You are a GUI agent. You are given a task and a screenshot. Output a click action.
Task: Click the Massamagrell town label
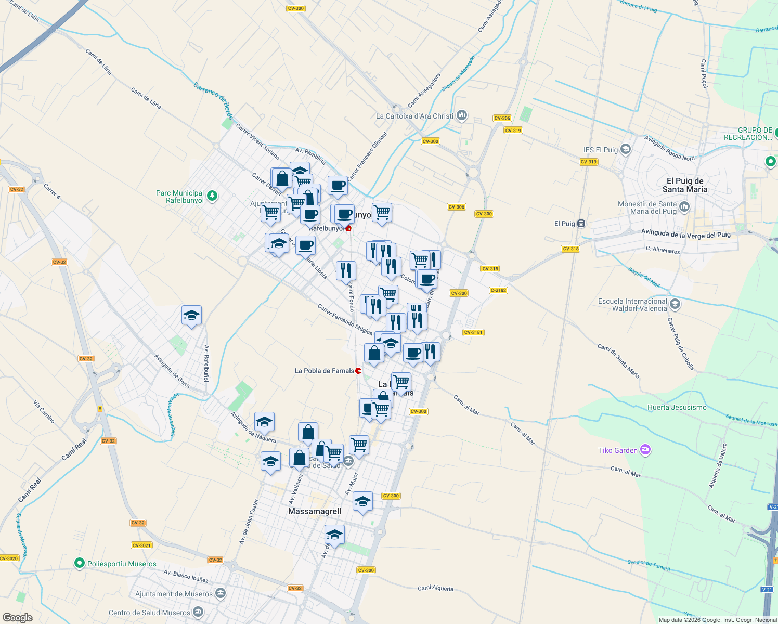(315, 511)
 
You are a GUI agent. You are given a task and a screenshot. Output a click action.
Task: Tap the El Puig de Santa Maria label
(685, 185)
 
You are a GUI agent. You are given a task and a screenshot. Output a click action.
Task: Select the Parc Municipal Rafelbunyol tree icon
(212, 196)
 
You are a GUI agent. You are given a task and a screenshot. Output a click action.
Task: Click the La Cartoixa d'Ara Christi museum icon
(462, 116)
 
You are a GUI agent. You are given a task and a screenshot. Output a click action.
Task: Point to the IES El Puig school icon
(626, 150)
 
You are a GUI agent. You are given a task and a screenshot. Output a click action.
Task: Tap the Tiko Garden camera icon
(645, 450)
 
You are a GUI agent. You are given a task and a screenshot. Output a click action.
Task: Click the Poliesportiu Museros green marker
(79, 563)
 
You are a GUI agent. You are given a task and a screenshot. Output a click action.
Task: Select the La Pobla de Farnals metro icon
(358, 371)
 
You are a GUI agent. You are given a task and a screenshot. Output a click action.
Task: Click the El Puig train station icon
(581, 224)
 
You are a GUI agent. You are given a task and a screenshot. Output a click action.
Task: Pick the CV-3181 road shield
(473, 332)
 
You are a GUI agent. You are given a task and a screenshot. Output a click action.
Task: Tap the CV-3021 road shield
(141, 545)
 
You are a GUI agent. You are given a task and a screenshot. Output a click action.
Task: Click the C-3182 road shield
(498, 290)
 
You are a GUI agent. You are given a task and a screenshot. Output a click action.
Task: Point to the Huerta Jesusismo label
(677, 407)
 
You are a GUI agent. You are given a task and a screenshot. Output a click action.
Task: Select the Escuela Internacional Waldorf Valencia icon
(675, 304)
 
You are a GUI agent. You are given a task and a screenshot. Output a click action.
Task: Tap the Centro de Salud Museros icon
(198, 612)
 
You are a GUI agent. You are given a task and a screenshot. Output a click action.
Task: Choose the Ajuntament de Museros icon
(220, 593)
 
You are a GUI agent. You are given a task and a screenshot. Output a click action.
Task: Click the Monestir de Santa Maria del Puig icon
(684, 207)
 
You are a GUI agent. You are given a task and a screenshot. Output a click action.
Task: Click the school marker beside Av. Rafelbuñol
(191, 315)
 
